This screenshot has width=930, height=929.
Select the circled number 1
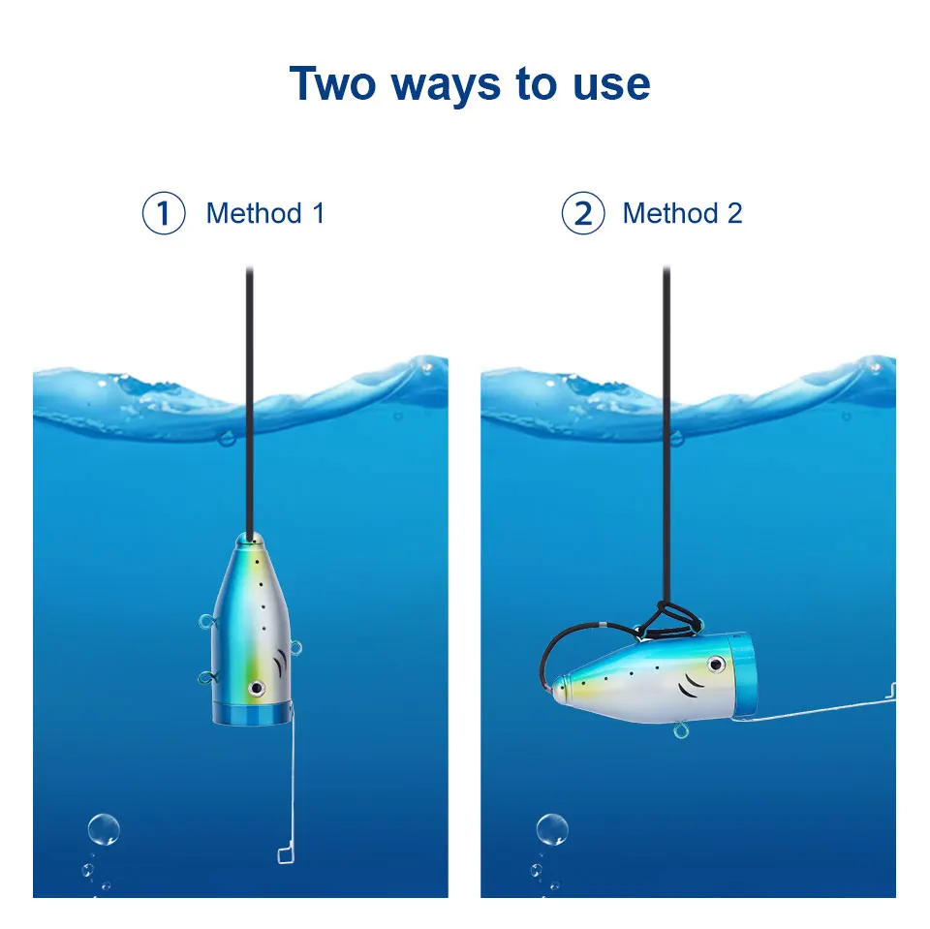[164, 213]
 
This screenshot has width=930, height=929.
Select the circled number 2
[583, 213]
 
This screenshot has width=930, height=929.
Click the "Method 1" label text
[265, 213]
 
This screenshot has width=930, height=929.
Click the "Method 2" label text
[683, 213]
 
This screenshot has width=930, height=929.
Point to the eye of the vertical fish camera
[257, 687]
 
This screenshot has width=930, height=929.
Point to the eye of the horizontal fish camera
[715, 665]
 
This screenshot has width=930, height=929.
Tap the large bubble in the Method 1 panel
[104, 829]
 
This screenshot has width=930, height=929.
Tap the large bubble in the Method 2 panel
[552, 829]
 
